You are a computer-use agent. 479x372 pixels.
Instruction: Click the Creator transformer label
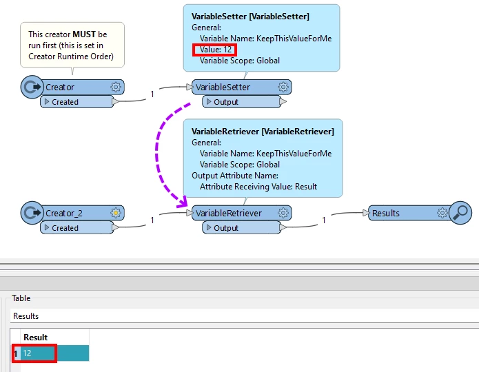click(x=60, y=87)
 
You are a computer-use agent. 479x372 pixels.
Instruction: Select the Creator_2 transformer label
click(x=63, y=214)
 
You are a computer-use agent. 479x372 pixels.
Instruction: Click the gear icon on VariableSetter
click(x=283, y=87)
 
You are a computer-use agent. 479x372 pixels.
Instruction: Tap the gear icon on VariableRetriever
click(x=283, y=214)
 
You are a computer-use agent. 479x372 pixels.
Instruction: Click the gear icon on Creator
click(x=116, y=87)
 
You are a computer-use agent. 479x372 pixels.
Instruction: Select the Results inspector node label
click(x=386, y=214)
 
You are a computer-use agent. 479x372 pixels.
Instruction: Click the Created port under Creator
click(x=65, y=102)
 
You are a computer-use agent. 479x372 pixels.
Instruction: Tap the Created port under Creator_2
click(x=65, y=228)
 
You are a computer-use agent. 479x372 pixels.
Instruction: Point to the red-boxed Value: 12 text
click(x=216, y=50)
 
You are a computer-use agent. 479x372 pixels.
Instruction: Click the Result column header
click(x=36, y=337)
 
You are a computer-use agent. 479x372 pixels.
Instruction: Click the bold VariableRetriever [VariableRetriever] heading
click(x=263, y=131)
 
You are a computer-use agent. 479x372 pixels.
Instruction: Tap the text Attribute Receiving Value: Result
click(x=258, y=187)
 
